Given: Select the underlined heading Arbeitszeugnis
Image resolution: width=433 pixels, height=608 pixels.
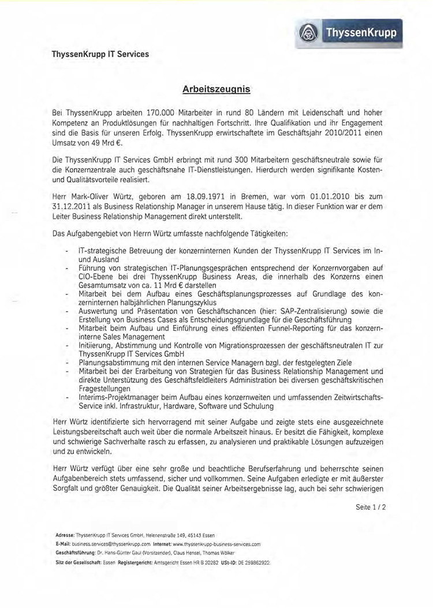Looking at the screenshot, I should pyautogui.click(x=216, y=89).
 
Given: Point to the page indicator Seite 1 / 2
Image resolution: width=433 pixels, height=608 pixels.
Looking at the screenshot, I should pyautogui.click(x=370, y=508).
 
